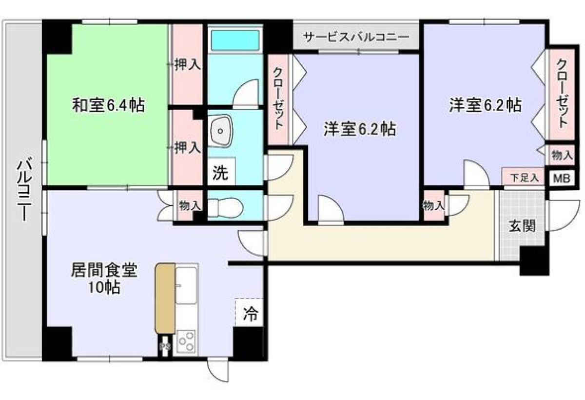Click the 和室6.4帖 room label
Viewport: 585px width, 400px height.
(x=108, y=105)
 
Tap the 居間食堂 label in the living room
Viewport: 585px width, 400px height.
(x=104, y=270)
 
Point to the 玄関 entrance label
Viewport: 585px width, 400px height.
(x=522, y=226)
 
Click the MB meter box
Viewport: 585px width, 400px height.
(x=562, y=179)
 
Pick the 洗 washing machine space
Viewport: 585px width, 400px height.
(x=221, y=172)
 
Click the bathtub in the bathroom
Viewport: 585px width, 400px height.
(x=235, y=40)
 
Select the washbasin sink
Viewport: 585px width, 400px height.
(x=220, y=131)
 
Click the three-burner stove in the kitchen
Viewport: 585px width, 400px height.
(x=186, y=341)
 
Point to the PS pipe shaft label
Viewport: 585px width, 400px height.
(x=165, y=346)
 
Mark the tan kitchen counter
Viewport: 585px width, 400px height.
(x=165, y=299)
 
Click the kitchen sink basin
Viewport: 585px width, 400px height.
(x=186, y=285)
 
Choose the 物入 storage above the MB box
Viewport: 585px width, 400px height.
(x=562, y=156)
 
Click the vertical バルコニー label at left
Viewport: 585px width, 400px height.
(x=24, y=191)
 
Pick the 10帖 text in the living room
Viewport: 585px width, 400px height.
(x=104, y=287)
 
